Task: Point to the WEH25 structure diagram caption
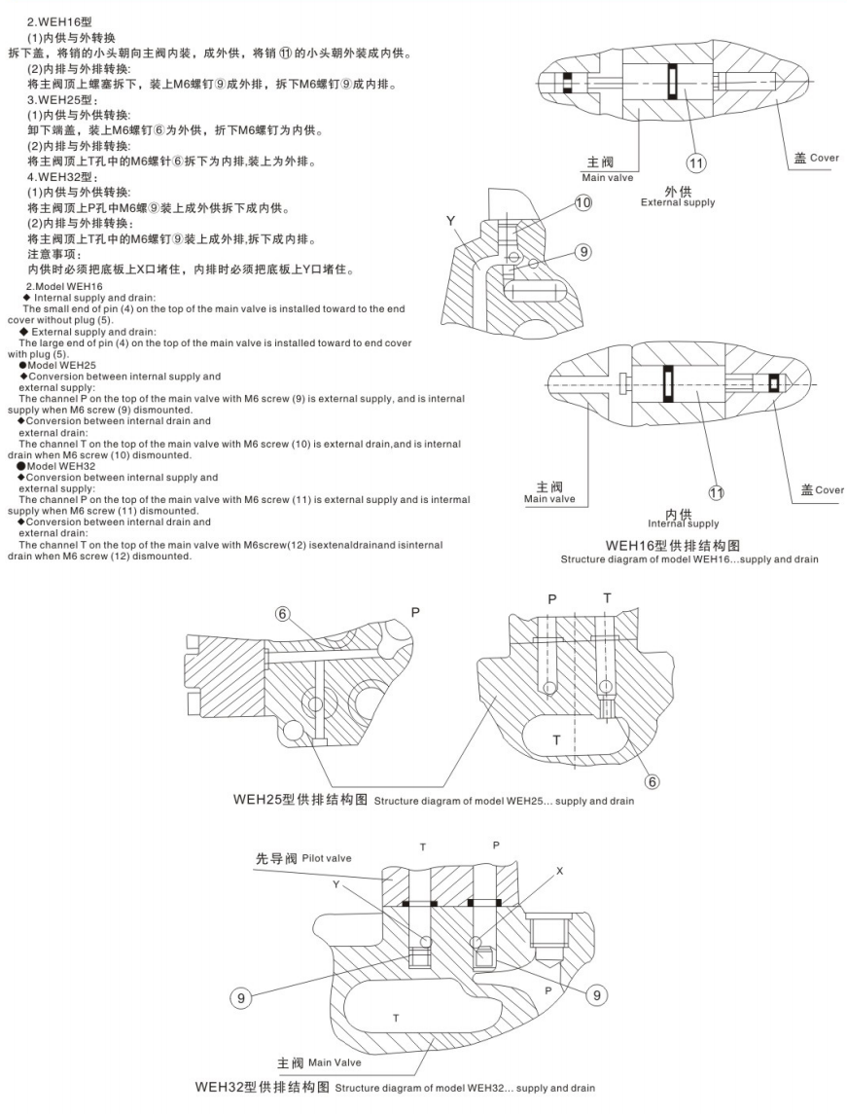click(434, 801)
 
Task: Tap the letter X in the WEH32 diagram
click(559, 872)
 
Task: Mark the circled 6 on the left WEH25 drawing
click(282, 614)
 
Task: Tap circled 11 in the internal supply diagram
click(716, 493)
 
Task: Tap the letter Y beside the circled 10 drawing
click(450, 221)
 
